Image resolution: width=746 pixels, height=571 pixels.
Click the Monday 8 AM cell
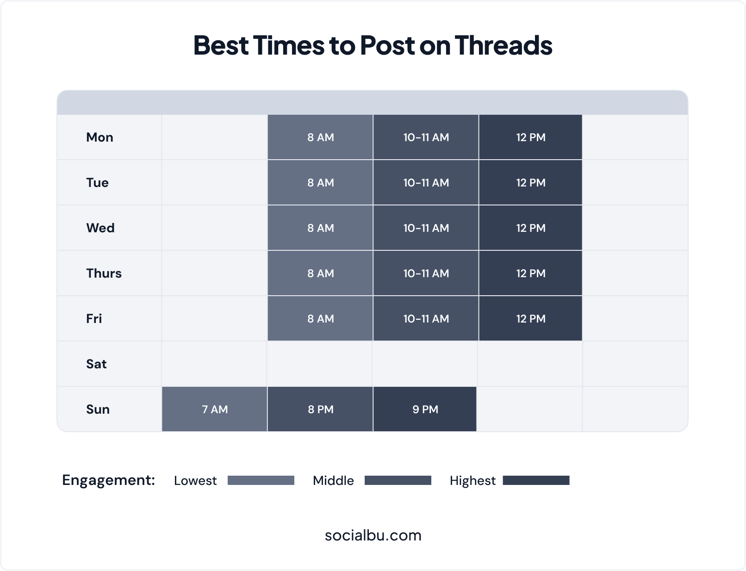pyautogui.click(x=320, y=137)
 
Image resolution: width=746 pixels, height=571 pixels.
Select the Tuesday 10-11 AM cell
pyautogui.click(x=426, y=182)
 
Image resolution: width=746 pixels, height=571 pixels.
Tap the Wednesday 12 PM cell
pyautogui.click(x=530, y=228)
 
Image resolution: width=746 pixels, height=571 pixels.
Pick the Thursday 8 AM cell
pyautogui.click(x=320, y=273)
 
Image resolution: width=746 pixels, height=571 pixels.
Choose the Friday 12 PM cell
pyautogui.click(x=530, y=318)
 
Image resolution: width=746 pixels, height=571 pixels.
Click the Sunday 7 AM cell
pyautogui.click(x=215, y=409)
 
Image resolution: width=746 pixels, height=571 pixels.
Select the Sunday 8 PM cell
pyautogui.click(x=320, y=409)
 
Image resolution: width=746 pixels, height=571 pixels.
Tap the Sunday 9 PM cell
pyautogui.click(x=425, y=409)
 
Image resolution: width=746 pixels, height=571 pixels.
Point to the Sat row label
pyautogui.click(x=96, y=364)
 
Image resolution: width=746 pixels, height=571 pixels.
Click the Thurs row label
pyautogui.click(x=104, y=273)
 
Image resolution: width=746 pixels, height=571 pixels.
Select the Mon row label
pyautogui.click(x=99, y=137)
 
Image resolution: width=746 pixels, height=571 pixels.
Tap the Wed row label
pyautogui.click(x=100, y=228)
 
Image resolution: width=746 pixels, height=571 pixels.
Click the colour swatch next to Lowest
pyautogui.click(x=261, y=480)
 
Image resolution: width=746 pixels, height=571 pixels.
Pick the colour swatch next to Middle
pyautogui.click(x=398, y=480)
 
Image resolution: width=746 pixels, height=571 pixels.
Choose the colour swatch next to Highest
pyautogui.click(x=536, y=480)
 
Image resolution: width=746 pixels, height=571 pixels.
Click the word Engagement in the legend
pyautogui.click(x=107, y=480)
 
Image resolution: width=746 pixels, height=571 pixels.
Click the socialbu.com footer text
pyautogui.click(x=373, y=535)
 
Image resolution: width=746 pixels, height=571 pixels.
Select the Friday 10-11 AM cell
pyautogui.click(x=426, y=318)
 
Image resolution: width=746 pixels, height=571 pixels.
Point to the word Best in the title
pyautogui.click(x=221, y=45)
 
